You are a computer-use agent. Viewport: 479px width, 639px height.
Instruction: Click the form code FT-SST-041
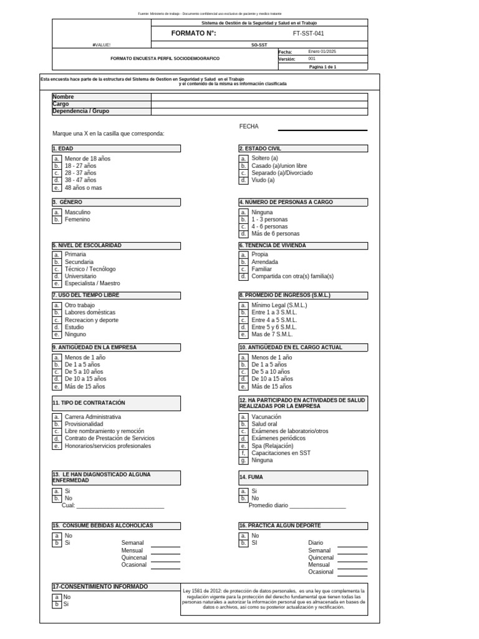tap(308, 33)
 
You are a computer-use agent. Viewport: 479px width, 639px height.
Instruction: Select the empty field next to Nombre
tap(259, 97)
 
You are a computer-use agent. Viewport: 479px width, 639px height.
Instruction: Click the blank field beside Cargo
tap(259, 104)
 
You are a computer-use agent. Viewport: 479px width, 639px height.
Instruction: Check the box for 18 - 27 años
tap(57, 166)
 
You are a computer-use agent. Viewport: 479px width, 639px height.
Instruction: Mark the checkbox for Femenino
tap(57, 220)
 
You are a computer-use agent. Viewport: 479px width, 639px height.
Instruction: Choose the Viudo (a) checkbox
tap(243, 180)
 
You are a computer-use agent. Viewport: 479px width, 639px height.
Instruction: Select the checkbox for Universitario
tap(57, 276)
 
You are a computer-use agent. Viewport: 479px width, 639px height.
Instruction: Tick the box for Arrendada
tap(243, 262)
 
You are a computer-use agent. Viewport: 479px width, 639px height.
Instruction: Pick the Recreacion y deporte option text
tap(91, 319)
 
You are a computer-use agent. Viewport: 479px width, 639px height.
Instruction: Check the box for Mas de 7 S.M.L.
tap(243, 334)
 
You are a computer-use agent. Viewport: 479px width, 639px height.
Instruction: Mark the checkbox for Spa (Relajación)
tap(243, 446)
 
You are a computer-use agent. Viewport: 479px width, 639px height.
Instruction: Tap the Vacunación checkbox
tap(243, 417)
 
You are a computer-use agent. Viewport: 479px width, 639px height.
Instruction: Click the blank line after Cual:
tap(120, 507)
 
